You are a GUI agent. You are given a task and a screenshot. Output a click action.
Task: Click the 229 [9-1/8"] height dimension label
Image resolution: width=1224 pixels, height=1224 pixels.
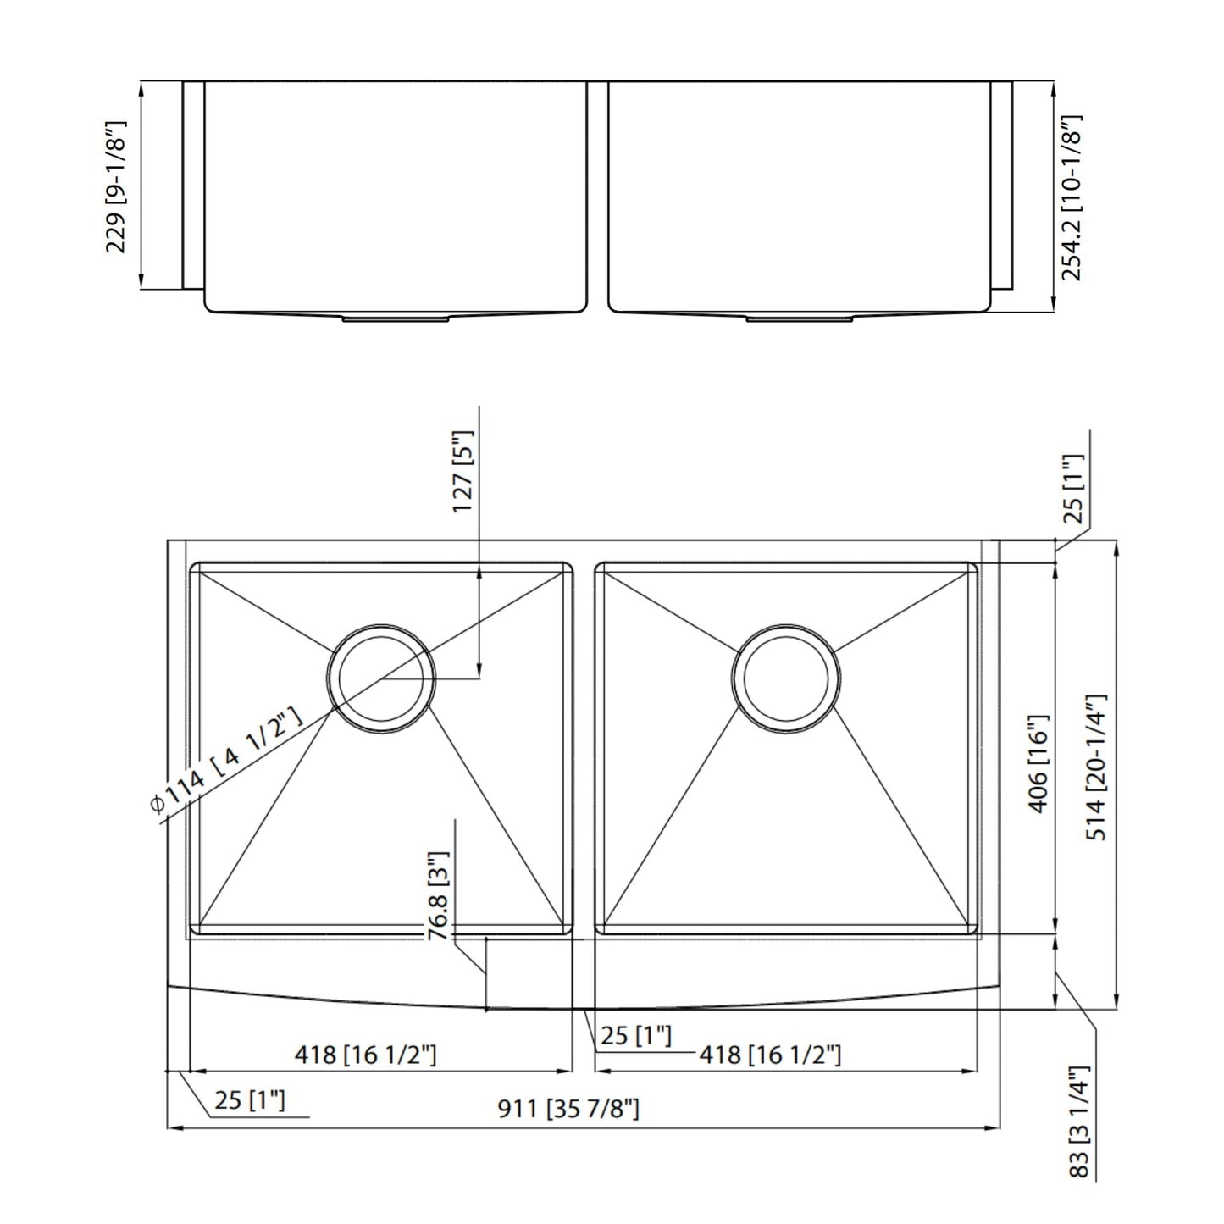[116, 186]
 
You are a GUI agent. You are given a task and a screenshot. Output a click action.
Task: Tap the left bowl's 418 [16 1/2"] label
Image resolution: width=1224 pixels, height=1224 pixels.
[365, 1055]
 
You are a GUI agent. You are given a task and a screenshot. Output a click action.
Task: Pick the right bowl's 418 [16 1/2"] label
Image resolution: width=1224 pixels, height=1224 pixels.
[769, 1055]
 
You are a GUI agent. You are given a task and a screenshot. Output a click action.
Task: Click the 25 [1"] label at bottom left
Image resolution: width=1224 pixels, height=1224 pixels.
[249, 1100]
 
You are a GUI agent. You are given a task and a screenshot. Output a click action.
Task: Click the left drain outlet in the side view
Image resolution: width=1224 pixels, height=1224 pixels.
[396, 318]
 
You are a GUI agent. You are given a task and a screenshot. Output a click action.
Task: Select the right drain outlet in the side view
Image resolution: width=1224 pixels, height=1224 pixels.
[800, 318]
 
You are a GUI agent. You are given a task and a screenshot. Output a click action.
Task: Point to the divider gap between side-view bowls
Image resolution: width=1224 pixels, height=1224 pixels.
[596, 195]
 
